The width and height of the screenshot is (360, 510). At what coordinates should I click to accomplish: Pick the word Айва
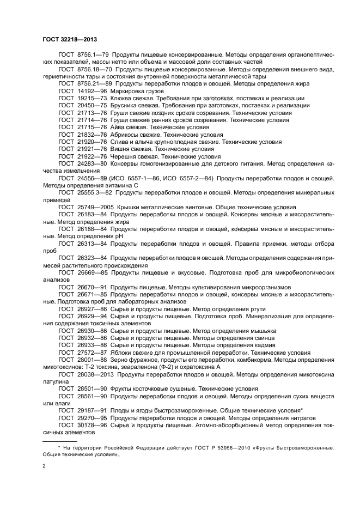pyautogui.click(x=119, y=126)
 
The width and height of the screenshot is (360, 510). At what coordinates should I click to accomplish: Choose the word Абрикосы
pyautogui.click(x=126, y=134)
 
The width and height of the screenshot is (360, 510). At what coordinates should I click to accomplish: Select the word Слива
pyautogui.click(x=121, y=141)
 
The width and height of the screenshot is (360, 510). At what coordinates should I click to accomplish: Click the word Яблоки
pyautogui.click(x=123, y=352)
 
